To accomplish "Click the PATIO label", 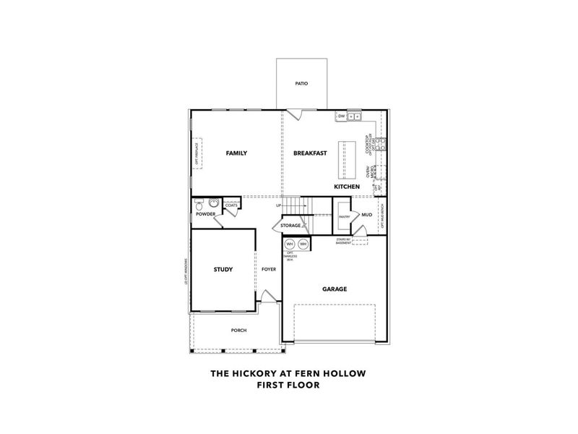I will tap(301, 84).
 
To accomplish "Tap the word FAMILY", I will tap(236, 153).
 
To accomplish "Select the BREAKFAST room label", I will tap(310, 153).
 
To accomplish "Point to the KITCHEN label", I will tap(347, 187).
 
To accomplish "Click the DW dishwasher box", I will tap(341, 116).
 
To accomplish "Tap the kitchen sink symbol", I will tap(355, 116).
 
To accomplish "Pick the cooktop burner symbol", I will tap(382, 144).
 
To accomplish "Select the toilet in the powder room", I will tap(199, 205).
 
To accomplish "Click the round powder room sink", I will tap(214, 203).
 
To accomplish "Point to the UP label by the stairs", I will tap(278, 206).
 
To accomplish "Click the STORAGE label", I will tap(290, 226).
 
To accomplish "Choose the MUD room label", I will tap(367, 215).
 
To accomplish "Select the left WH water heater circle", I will tap(290, 244).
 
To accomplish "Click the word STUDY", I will tap(223, 270).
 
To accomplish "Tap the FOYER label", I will tap(269, 270).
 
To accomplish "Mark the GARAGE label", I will tap(335, 289).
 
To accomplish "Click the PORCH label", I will tap(238, 331).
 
